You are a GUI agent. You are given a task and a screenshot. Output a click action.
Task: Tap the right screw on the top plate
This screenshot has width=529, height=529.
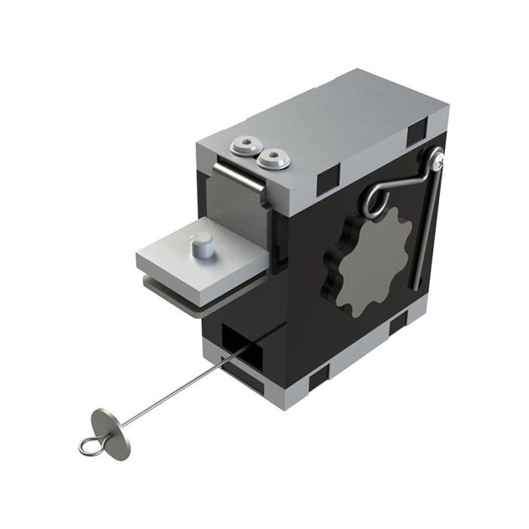pyautogui.click(x=270, y=159)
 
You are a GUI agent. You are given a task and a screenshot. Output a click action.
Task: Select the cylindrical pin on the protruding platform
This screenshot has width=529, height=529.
pyautogui.click(x=202, y=246)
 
